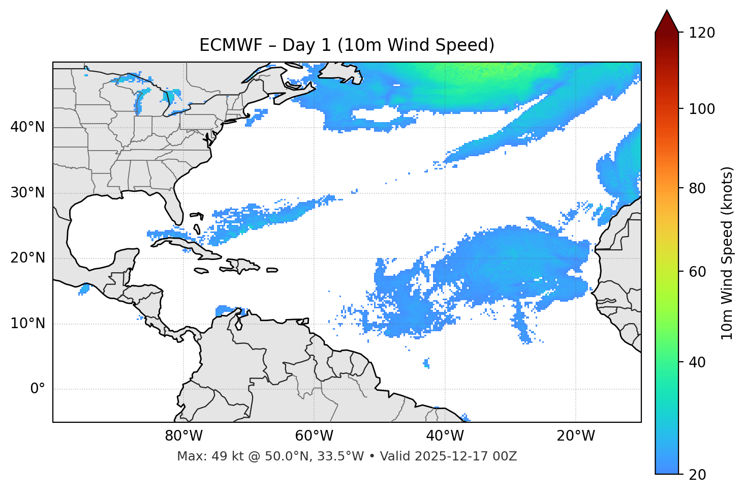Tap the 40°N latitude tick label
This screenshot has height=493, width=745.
(x=27, y=127)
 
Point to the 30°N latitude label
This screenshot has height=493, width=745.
(x=27, y=193)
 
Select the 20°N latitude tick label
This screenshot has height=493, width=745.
(x=27, y=258)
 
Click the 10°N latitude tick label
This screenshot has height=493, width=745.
(x=27, y=324)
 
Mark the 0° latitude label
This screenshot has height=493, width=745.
(x=37, y=389)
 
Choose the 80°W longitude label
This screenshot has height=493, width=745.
(x=183, y=436)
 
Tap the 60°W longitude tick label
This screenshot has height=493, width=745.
(x=314, y=436)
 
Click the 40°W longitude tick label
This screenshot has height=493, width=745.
(x=445, y=436)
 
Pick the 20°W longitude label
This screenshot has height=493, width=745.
(x=575, y=436)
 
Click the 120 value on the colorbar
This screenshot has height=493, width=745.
(x=702, y=33)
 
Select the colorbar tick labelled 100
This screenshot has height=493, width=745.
(x=702, y=109)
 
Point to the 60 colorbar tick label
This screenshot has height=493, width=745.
(x=698, y=272)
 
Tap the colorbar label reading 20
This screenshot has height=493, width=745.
(x=698, y=475)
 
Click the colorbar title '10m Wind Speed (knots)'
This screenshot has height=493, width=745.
(x=727, y=253)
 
